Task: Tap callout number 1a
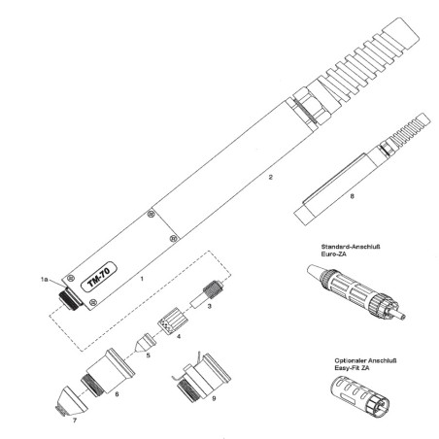(x=45, y=279)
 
